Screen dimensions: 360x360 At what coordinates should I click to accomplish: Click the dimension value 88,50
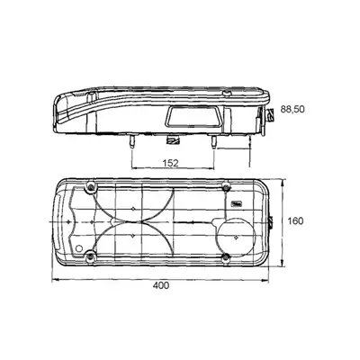(292, 109)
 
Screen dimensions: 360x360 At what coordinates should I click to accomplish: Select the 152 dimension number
(170, 163)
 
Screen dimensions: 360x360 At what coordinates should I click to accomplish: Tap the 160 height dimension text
(295, 221)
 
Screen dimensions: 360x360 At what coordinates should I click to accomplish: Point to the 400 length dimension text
(161, 285)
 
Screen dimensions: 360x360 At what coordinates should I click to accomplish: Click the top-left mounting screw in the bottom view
(91, 187)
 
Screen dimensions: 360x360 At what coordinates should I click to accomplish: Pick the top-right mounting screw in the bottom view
(226, 187)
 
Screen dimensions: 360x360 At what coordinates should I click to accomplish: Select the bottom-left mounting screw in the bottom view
(90, 256)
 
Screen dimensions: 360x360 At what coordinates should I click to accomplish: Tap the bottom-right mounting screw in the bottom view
(226, 256)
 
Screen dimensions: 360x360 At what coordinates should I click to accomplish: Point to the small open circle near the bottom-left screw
(79, 248)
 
